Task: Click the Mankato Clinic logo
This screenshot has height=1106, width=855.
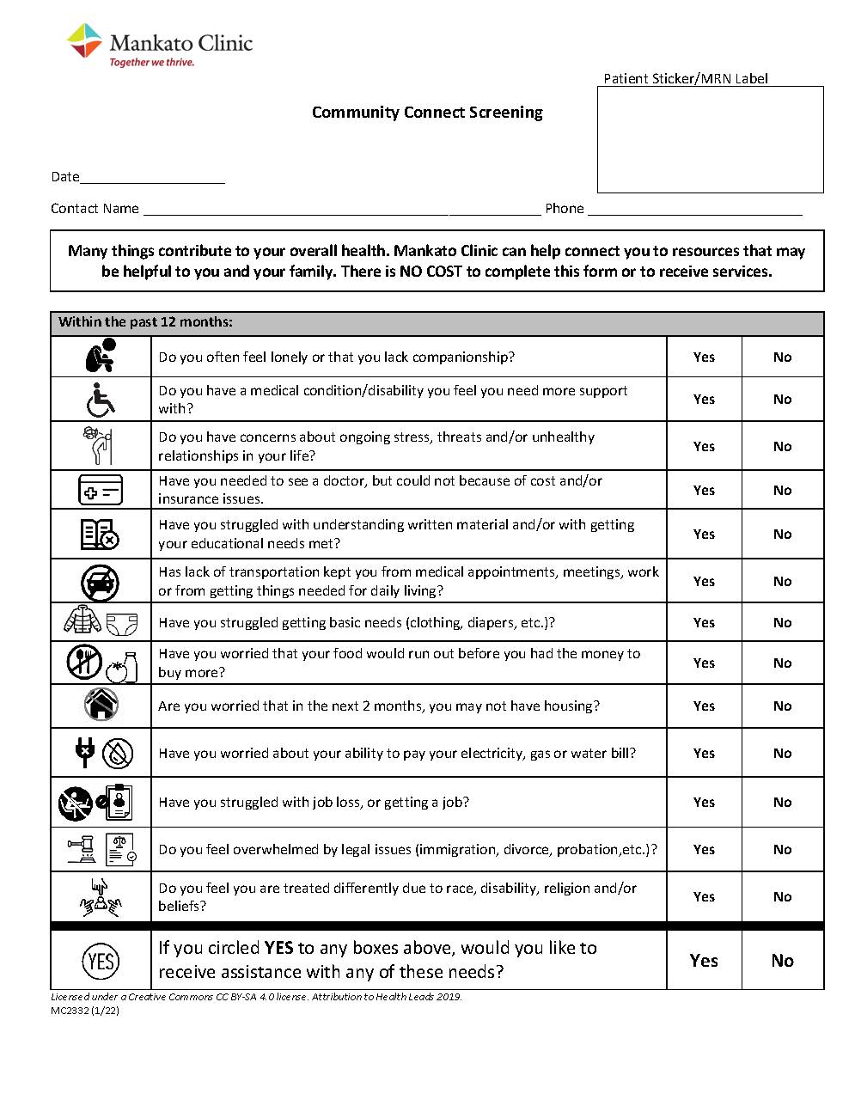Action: [x=160, y=45]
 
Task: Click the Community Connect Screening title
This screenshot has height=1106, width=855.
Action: [x=427, y=113]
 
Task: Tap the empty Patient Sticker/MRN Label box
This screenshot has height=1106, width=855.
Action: [x=710, y=139]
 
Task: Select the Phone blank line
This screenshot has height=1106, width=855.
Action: [x=694, y=210]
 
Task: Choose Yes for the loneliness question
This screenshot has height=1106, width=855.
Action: [x=704, y=357]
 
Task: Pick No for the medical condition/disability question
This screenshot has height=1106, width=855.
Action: [x=782, y=400]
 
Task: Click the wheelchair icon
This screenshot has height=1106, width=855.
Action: [x=101, y=400]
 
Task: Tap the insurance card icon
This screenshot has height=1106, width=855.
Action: [x=101, y=491]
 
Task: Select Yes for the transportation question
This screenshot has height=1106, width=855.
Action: [x=704, y=582]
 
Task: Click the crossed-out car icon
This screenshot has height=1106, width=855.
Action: [x=101, y=582]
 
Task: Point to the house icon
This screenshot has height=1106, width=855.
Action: [x=101, y=706]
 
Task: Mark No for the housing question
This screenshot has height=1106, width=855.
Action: [x=782, y=706]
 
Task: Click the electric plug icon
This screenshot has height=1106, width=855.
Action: [x=84, y=753]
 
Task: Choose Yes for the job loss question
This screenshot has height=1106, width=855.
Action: [x=704, y=803]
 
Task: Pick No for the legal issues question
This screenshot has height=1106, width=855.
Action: [x=782, y=850]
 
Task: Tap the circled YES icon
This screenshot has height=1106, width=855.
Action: [x=101, y=961]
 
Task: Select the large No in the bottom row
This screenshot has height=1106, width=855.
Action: [x=782, y=961]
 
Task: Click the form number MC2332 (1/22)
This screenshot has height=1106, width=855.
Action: [x=85, y=1011]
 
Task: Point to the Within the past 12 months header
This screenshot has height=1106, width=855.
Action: [x=145, y=322]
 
